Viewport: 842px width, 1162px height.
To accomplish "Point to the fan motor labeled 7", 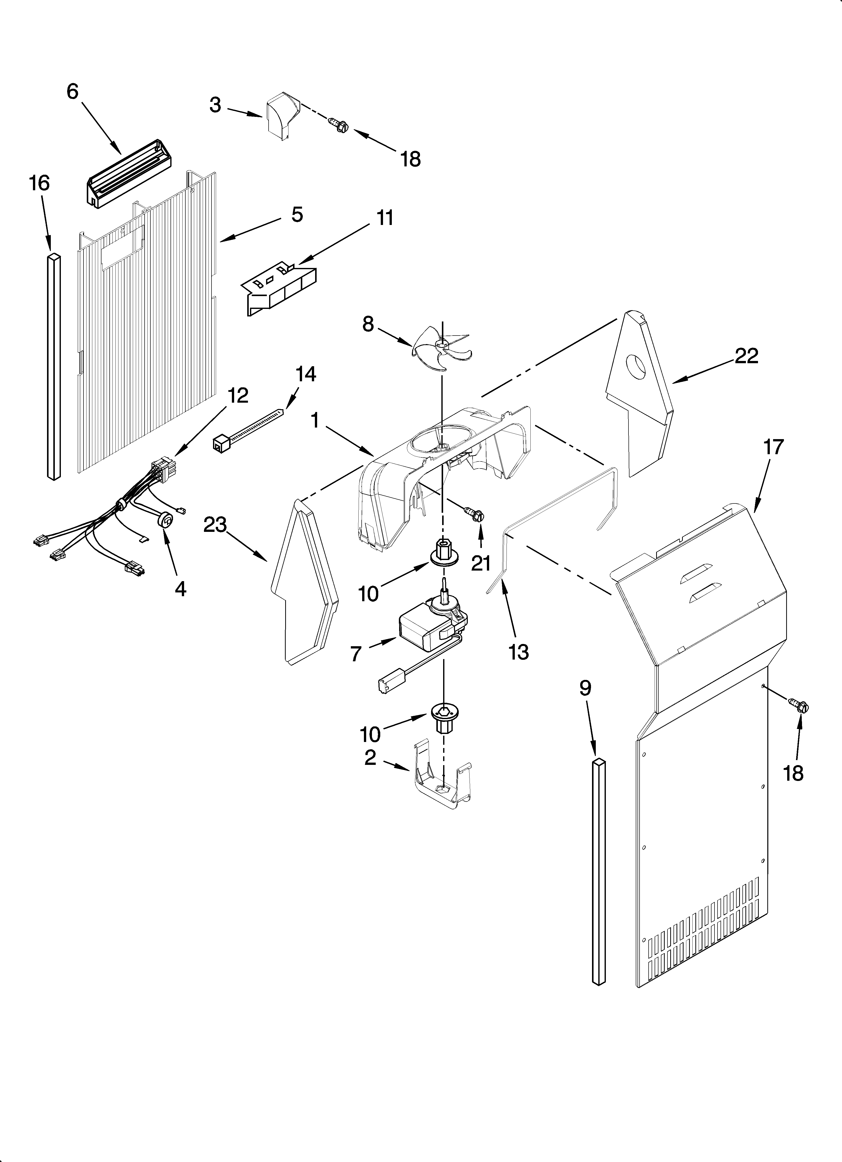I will click(431, 630).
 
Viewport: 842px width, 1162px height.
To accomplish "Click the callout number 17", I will click(773, 447).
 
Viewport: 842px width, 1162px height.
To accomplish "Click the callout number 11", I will click(385, 218).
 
